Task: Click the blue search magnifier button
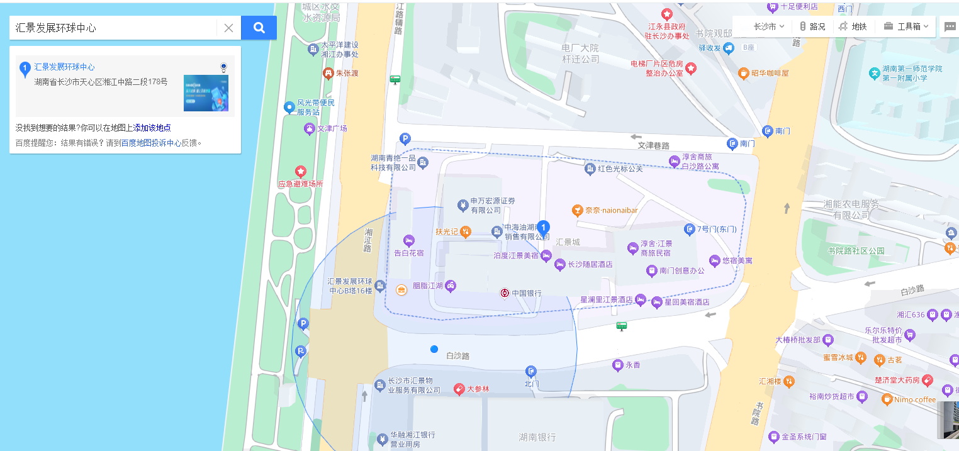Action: point(259,28)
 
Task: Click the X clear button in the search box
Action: point(228,28)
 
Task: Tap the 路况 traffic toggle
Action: point(812,26)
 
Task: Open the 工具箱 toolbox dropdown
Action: point(906,26)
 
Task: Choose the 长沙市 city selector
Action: point(768,26)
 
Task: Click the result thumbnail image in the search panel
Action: point(206,93)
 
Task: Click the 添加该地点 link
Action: point(152,128)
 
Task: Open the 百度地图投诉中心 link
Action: point(151,143)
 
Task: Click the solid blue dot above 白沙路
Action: point(434,349)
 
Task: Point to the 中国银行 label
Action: point(526,293)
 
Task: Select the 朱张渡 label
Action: point(346,73)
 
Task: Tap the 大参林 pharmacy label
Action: point(478,389)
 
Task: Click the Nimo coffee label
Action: point(916,399)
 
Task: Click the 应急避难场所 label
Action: point(300,184)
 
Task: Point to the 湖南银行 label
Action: point(537,437)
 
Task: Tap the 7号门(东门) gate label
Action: point(716,229)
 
